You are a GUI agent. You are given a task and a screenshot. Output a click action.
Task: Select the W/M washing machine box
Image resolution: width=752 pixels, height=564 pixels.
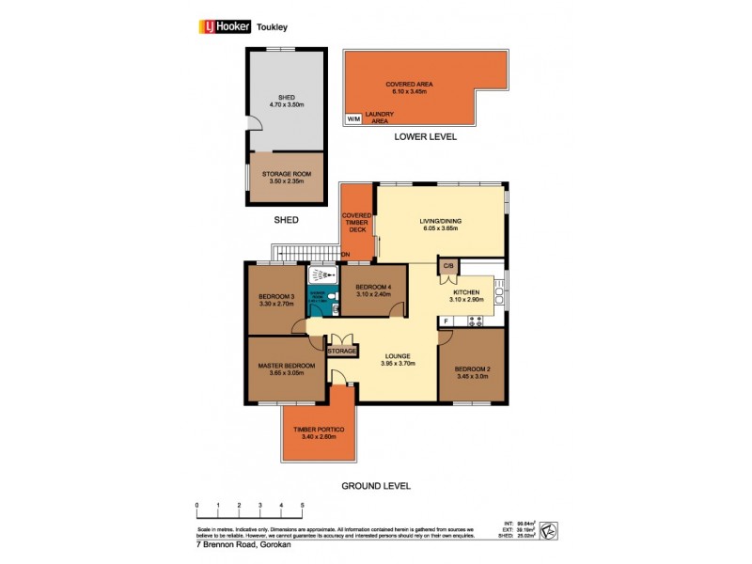353,119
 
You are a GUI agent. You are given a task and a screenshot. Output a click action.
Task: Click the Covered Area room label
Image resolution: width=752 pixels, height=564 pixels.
409,85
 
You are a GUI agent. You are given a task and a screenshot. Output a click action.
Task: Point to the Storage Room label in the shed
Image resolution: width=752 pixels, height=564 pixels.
286,174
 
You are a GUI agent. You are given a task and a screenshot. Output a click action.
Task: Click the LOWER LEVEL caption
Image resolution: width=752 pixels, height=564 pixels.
427,137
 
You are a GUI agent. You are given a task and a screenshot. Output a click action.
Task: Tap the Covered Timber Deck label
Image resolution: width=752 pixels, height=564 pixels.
357,222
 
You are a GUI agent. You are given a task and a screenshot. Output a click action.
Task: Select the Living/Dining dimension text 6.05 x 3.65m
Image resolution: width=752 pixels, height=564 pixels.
441,228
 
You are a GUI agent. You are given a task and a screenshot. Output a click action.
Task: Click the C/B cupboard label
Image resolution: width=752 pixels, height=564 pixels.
448,266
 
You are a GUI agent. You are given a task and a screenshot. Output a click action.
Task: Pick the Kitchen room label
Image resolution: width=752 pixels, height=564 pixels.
466,292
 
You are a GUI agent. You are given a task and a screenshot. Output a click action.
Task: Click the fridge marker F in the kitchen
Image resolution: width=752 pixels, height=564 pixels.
446,322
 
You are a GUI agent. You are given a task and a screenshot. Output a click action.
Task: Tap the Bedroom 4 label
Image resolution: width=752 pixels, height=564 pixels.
373,287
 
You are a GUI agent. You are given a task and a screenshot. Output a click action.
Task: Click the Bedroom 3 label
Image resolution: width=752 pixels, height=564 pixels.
277,298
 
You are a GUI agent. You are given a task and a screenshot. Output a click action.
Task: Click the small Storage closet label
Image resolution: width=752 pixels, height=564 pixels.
342,351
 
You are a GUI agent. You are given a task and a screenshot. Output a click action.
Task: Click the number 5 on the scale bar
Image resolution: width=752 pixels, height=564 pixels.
303,505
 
